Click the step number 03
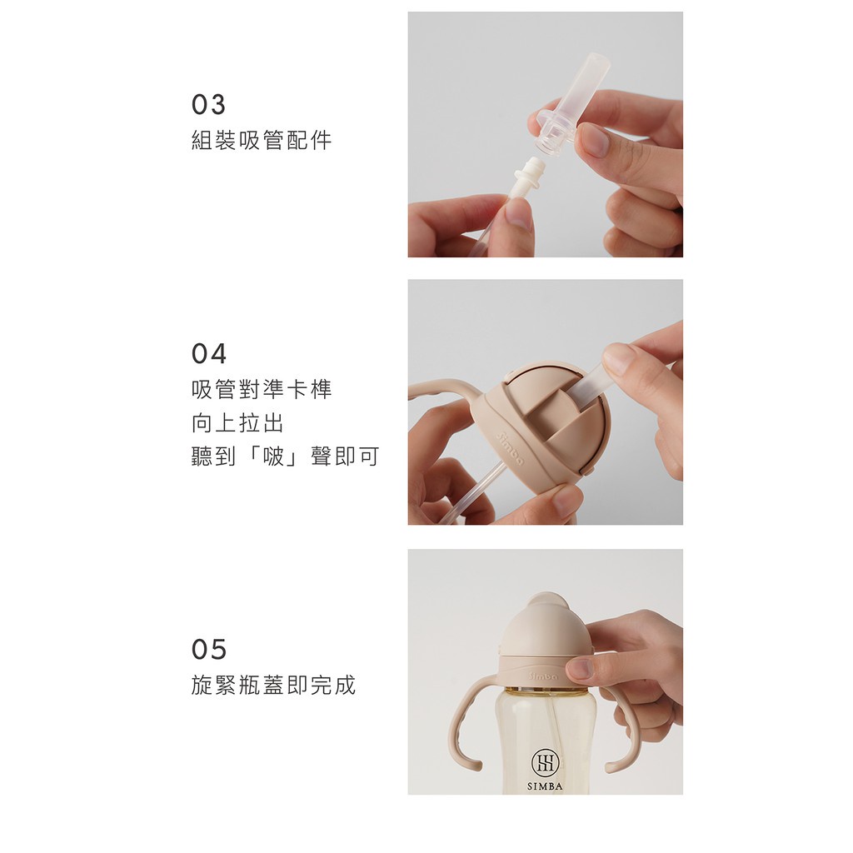tap(208, 104)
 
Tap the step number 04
tap(209, 353)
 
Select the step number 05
tap(209, 649)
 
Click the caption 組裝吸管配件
tap(262, 140)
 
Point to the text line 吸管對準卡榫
tap(262, 389)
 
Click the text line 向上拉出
tap(237, 423)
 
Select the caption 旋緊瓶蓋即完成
tap(273, 685)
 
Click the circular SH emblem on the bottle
tap(545, 763)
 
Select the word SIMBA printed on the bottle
tap(545, 786)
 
